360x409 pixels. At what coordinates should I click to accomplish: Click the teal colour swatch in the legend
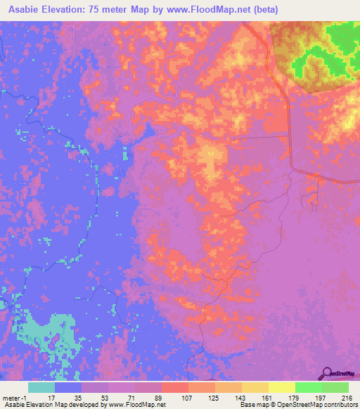point(41,387)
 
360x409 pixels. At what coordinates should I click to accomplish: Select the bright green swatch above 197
point(309,387)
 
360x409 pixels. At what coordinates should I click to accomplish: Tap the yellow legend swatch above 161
point(255,387)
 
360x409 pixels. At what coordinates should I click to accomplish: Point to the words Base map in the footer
point(246,405)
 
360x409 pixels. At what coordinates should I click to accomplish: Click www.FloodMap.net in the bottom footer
point(136,405)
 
